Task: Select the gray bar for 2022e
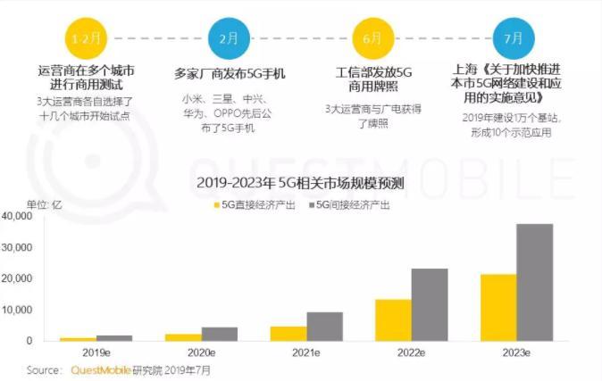(430, 304)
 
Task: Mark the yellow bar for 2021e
(288, 333)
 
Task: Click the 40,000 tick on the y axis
(18, 216)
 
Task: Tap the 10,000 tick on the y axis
(18, 310)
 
